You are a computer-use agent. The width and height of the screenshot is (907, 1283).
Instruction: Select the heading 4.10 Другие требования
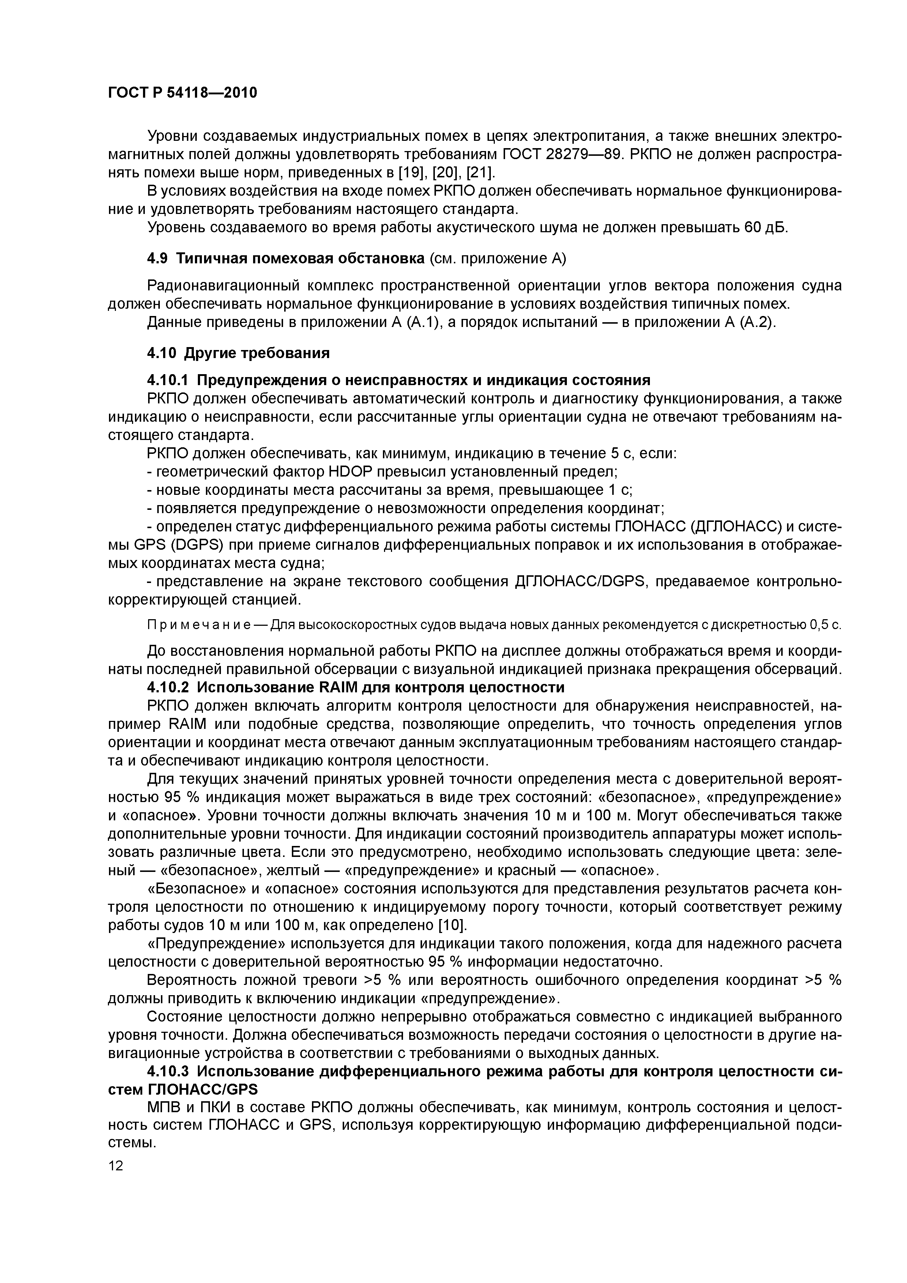(x=238, y=353)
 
